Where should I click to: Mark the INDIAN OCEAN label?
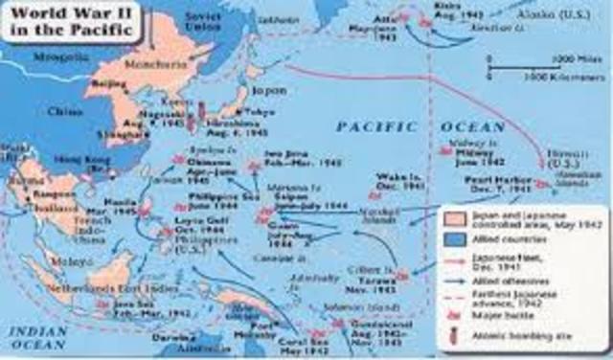tap(32, 333)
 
